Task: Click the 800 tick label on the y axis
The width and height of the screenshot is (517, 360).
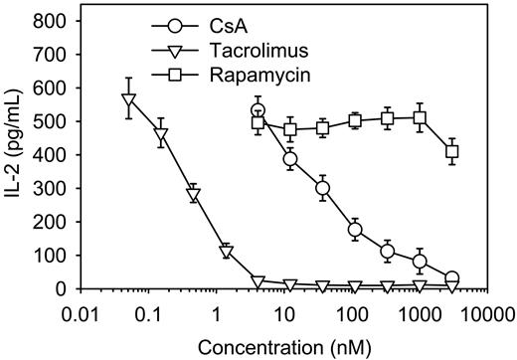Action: click(x=55, y=21)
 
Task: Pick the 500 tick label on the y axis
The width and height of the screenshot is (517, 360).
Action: click(x=55, y=121)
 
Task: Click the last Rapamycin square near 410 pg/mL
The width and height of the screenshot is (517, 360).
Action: click(x=452, y=151)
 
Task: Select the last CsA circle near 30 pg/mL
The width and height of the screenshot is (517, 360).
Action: click(x=452, y=278)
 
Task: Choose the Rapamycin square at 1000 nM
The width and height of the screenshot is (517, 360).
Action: click(x=420, y=118)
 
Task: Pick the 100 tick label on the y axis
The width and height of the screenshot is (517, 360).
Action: click(x=55, y=256)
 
